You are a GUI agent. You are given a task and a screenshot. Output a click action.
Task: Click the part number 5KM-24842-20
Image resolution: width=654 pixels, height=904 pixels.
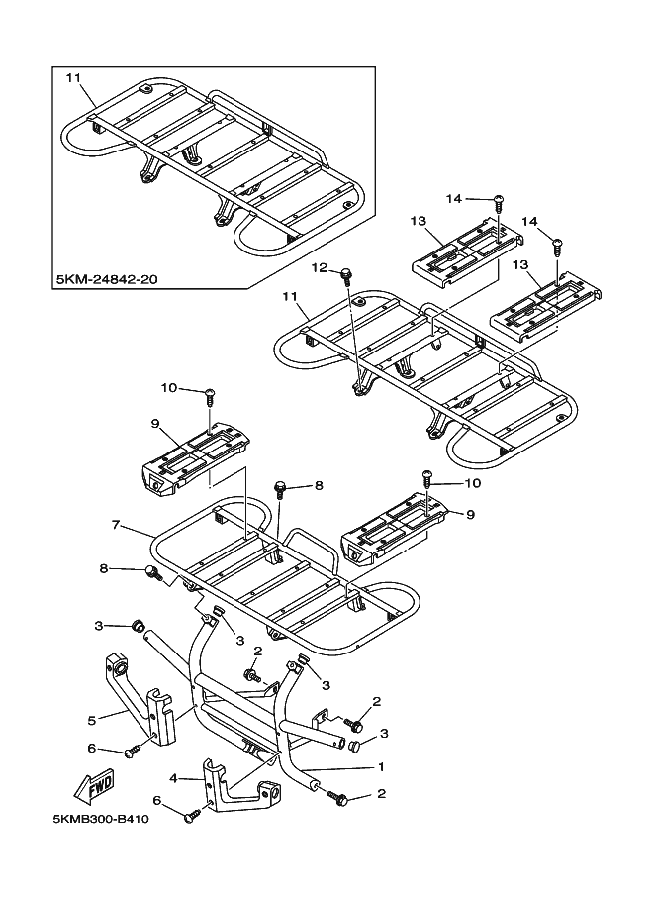[x=107, y=279]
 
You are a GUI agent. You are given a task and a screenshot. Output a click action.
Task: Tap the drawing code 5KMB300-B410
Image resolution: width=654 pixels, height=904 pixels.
[x=101, y=819]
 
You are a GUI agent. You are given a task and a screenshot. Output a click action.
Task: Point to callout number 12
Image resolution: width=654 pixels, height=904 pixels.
[x=320, y=267]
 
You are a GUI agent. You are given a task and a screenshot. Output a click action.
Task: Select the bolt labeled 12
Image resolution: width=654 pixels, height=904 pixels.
[x=347, y=275]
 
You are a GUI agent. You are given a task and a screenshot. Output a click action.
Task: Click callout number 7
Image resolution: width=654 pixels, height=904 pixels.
[x=115, y=525]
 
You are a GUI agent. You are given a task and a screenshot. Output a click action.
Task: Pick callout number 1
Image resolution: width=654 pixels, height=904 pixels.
[x=381, y=766]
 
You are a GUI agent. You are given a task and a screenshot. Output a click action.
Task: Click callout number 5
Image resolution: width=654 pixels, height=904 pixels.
[x=91, y=720]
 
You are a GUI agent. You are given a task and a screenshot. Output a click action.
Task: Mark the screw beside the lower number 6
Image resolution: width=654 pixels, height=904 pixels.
[x=193, y=815]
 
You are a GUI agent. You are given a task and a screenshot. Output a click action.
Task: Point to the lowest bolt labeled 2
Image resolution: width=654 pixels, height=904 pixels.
[x=336, y=797]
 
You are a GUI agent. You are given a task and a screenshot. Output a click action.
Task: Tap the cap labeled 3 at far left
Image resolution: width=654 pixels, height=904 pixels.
[x=138, y=625]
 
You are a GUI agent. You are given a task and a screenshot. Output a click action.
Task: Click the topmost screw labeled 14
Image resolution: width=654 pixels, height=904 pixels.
[x=498, y=203]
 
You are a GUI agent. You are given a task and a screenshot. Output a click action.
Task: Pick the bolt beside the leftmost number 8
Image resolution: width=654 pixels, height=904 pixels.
[x=153, y=572]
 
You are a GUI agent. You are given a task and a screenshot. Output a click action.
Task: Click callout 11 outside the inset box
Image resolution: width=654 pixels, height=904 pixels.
[x=290, y=296]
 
